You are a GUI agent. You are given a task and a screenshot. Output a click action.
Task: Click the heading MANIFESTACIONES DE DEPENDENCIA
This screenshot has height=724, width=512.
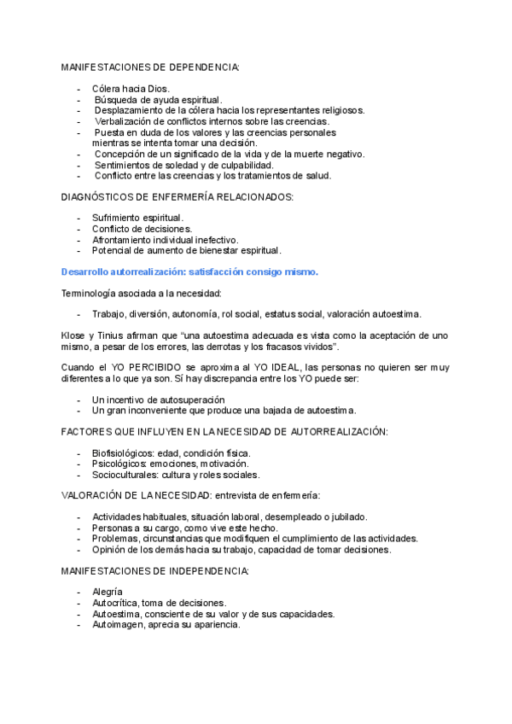(150, 67)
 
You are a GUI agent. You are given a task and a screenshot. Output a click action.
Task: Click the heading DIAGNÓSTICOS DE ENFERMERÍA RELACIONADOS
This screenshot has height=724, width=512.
(177, 197)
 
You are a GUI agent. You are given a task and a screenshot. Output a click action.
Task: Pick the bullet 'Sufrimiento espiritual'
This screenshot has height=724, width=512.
(137, 218)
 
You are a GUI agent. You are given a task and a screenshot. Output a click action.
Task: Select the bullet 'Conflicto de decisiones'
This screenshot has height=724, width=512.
(142, 229)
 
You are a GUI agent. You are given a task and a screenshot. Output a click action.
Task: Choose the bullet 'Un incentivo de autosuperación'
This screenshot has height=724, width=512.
(158, 400)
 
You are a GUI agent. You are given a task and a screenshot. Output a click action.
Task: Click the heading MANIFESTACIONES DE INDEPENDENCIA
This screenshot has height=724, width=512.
(154, 570)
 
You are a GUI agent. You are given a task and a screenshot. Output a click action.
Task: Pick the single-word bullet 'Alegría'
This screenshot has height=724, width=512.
(108, 592)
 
